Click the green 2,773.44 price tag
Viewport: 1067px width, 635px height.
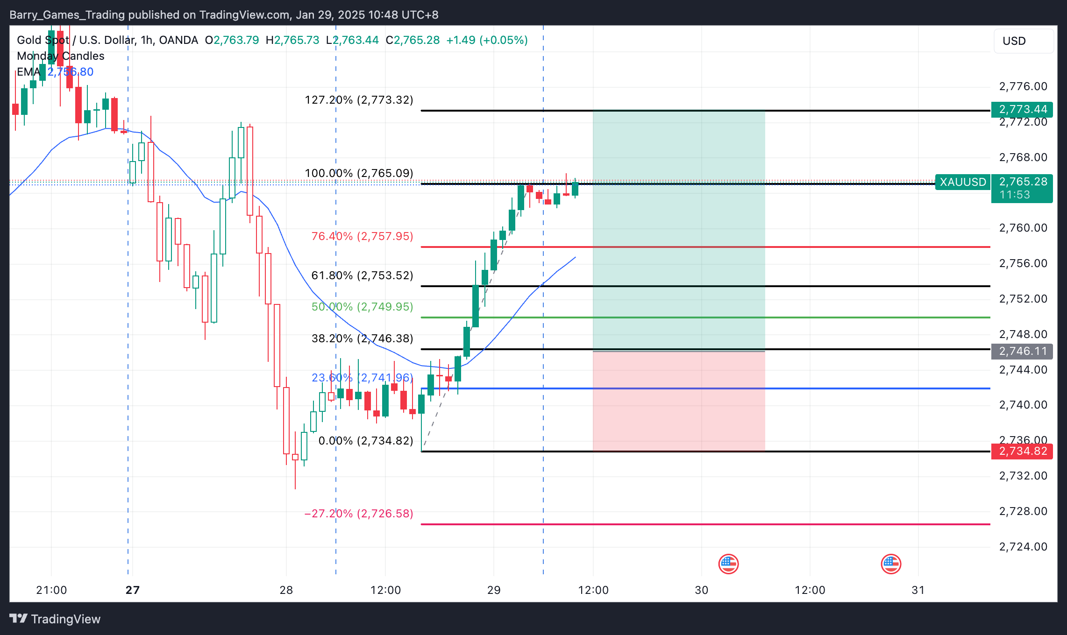tap(1022, 109)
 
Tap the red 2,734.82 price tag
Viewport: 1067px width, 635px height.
tap(1022, 451)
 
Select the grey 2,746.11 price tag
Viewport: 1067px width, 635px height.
tap(1022, 351)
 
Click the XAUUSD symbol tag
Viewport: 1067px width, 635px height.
tap(962, 182)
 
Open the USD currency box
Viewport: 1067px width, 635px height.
tap(1023, 41)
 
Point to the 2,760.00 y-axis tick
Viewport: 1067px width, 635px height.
tap(1023, 228)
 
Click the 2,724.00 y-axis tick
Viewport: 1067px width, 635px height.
tap(1023, 547)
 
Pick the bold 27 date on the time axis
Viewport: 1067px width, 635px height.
tap(133, 590)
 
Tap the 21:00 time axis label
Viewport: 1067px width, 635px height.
tap(51, 590)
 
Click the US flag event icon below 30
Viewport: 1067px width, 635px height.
tap(728, 564)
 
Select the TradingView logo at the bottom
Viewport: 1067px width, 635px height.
tap(55, 619)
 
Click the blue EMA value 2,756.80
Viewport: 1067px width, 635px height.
tap(71, 72)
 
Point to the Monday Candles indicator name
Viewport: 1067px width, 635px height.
tap(61, 56)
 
